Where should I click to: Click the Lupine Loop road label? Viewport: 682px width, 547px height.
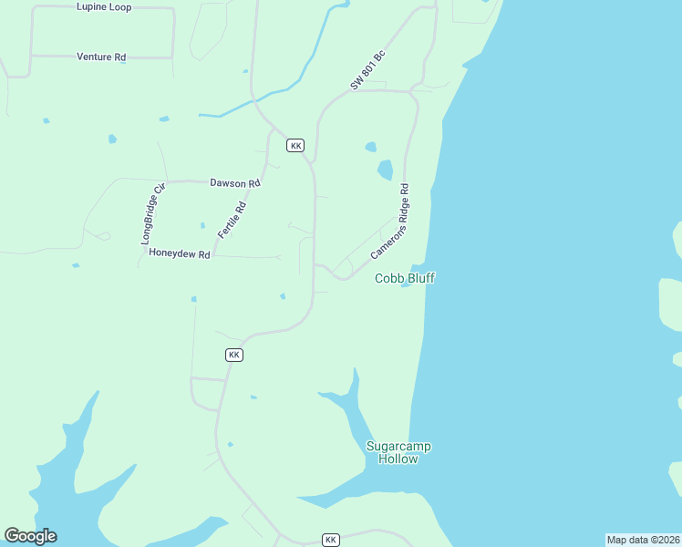[104, 7]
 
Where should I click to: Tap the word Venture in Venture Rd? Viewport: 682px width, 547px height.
[93, 57]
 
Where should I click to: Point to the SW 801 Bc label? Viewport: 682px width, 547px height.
[367, 70]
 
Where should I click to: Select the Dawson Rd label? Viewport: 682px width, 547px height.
[235, 183]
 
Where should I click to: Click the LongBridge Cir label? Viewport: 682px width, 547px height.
[152, 214]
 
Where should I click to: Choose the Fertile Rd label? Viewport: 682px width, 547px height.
[232, 220]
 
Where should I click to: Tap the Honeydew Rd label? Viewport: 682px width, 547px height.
[180, 254]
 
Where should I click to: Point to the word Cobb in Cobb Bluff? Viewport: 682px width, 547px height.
[388, 278]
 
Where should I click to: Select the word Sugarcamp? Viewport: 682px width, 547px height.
[398, 447]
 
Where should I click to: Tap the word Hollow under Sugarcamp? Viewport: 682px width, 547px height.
[398, 459]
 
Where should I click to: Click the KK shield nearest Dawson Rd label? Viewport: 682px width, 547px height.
[294, 146]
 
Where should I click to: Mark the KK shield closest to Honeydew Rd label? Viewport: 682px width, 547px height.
[234, 355]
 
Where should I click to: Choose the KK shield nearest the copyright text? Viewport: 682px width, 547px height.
[331, 540]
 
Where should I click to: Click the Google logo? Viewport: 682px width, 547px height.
[30, 536]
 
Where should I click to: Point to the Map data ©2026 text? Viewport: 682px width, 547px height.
[643, 540]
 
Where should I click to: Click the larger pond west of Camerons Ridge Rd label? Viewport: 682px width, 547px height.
[385, 170]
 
